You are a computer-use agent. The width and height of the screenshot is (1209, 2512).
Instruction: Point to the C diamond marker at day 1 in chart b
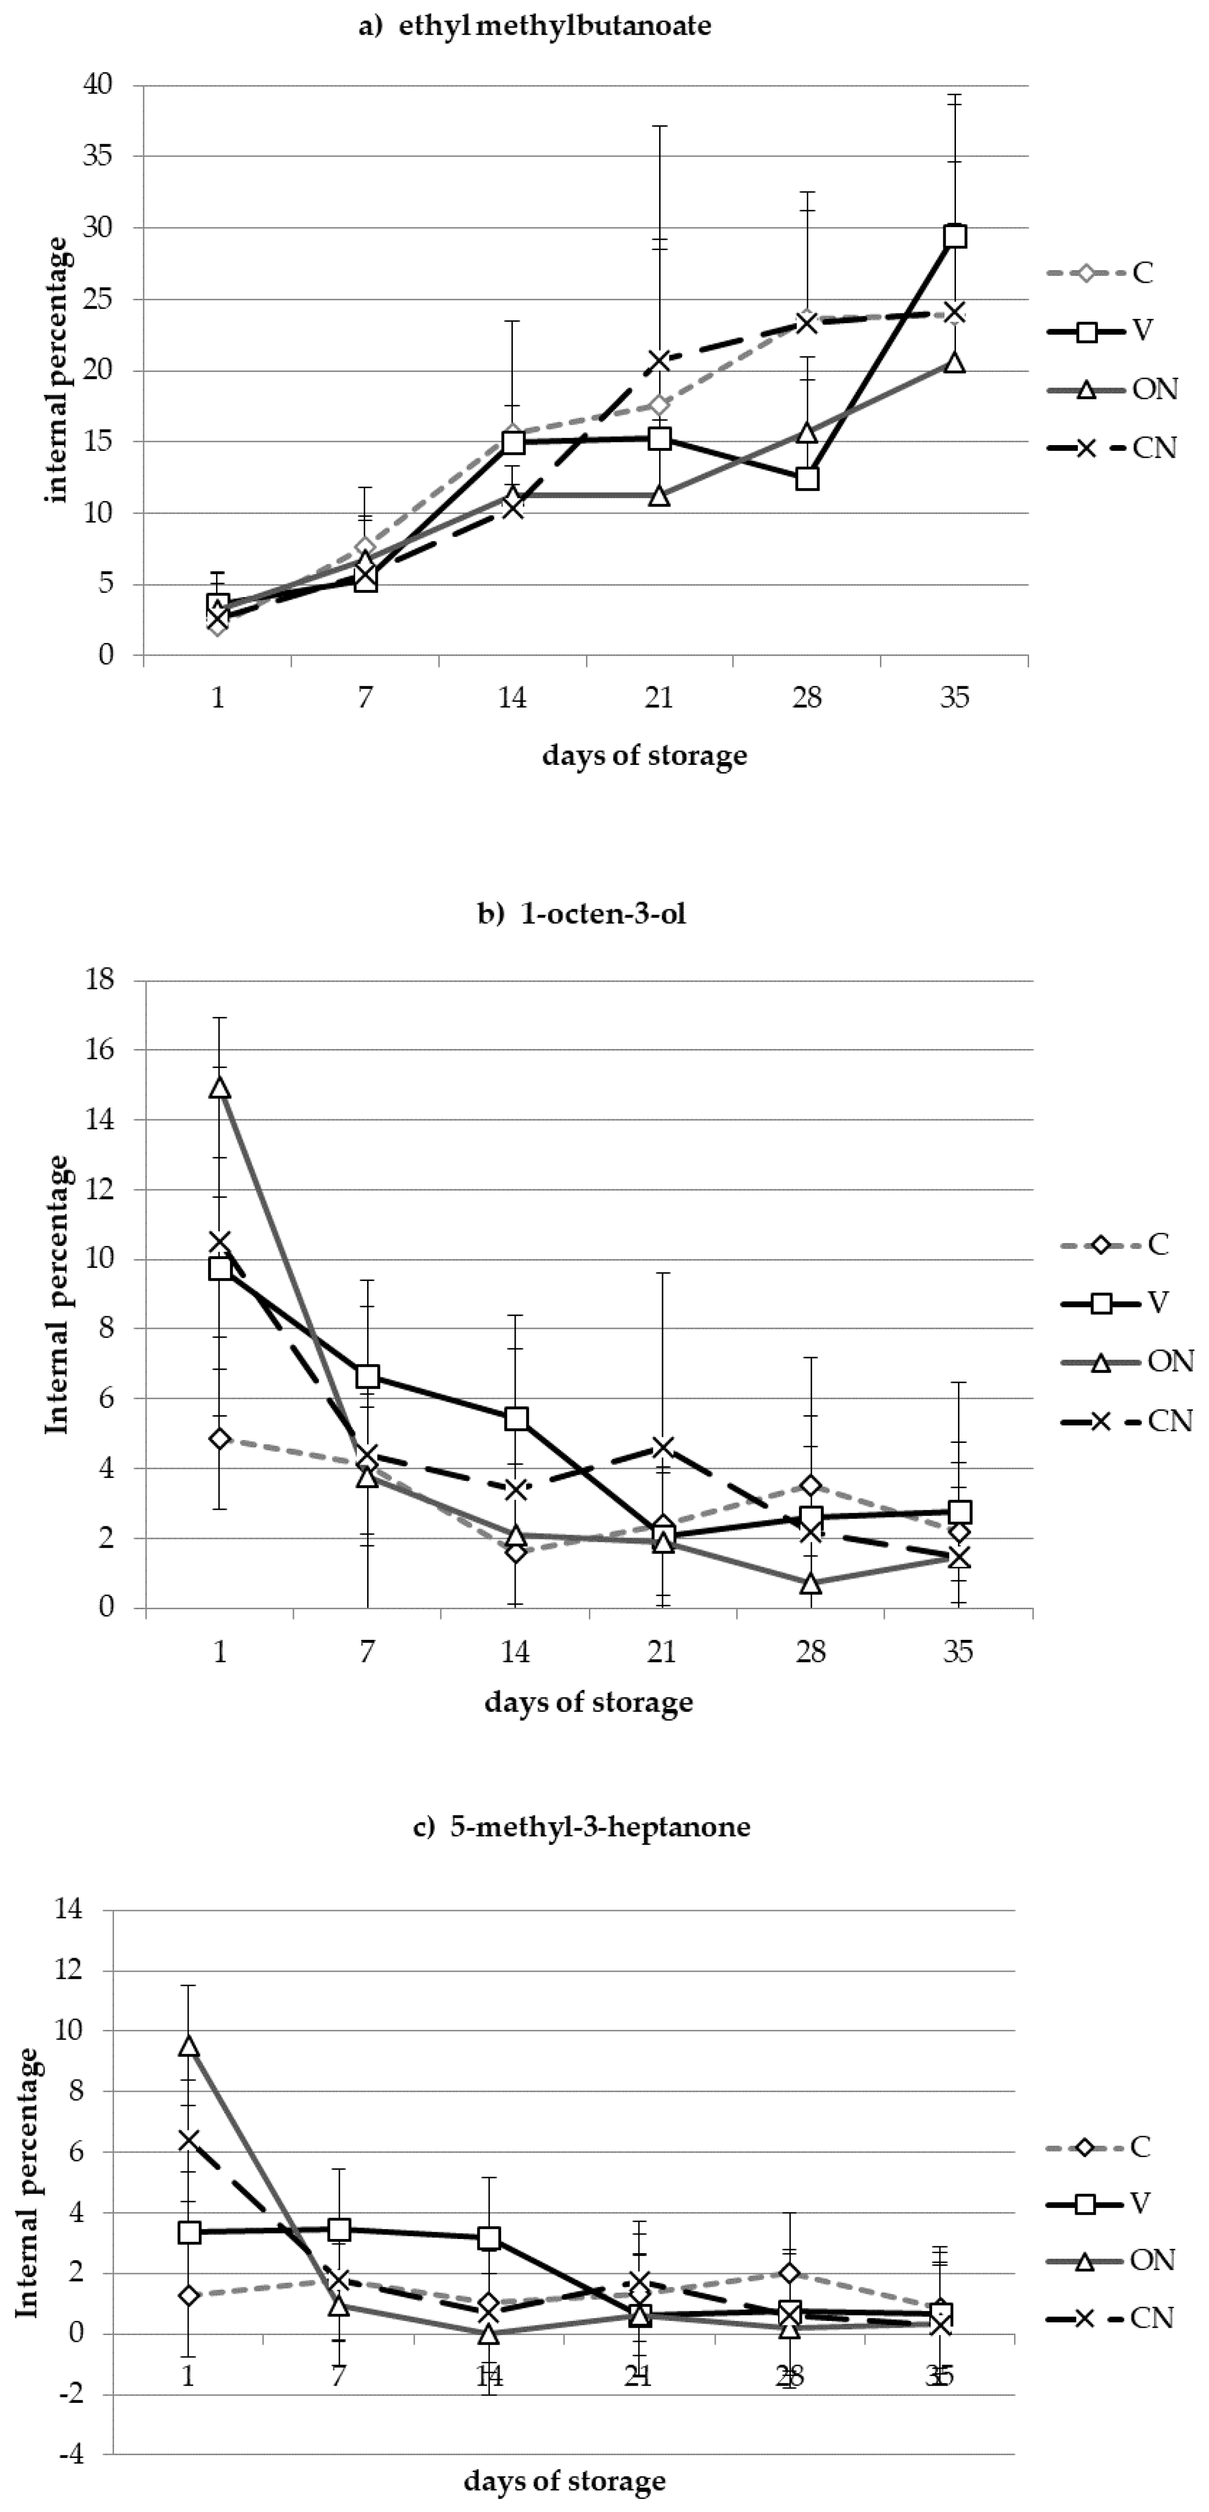click(220, 1439)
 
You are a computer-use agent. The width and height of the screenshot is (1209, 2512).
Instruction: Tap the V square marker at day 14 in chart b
click(516, 1418)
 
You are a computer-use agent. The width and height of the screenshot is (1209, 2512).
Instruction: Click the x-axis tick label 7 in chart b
click(368, 1652)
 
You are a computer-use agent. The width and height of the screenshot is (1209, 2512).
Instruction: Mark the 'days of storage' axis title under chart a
click(644, 756)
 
